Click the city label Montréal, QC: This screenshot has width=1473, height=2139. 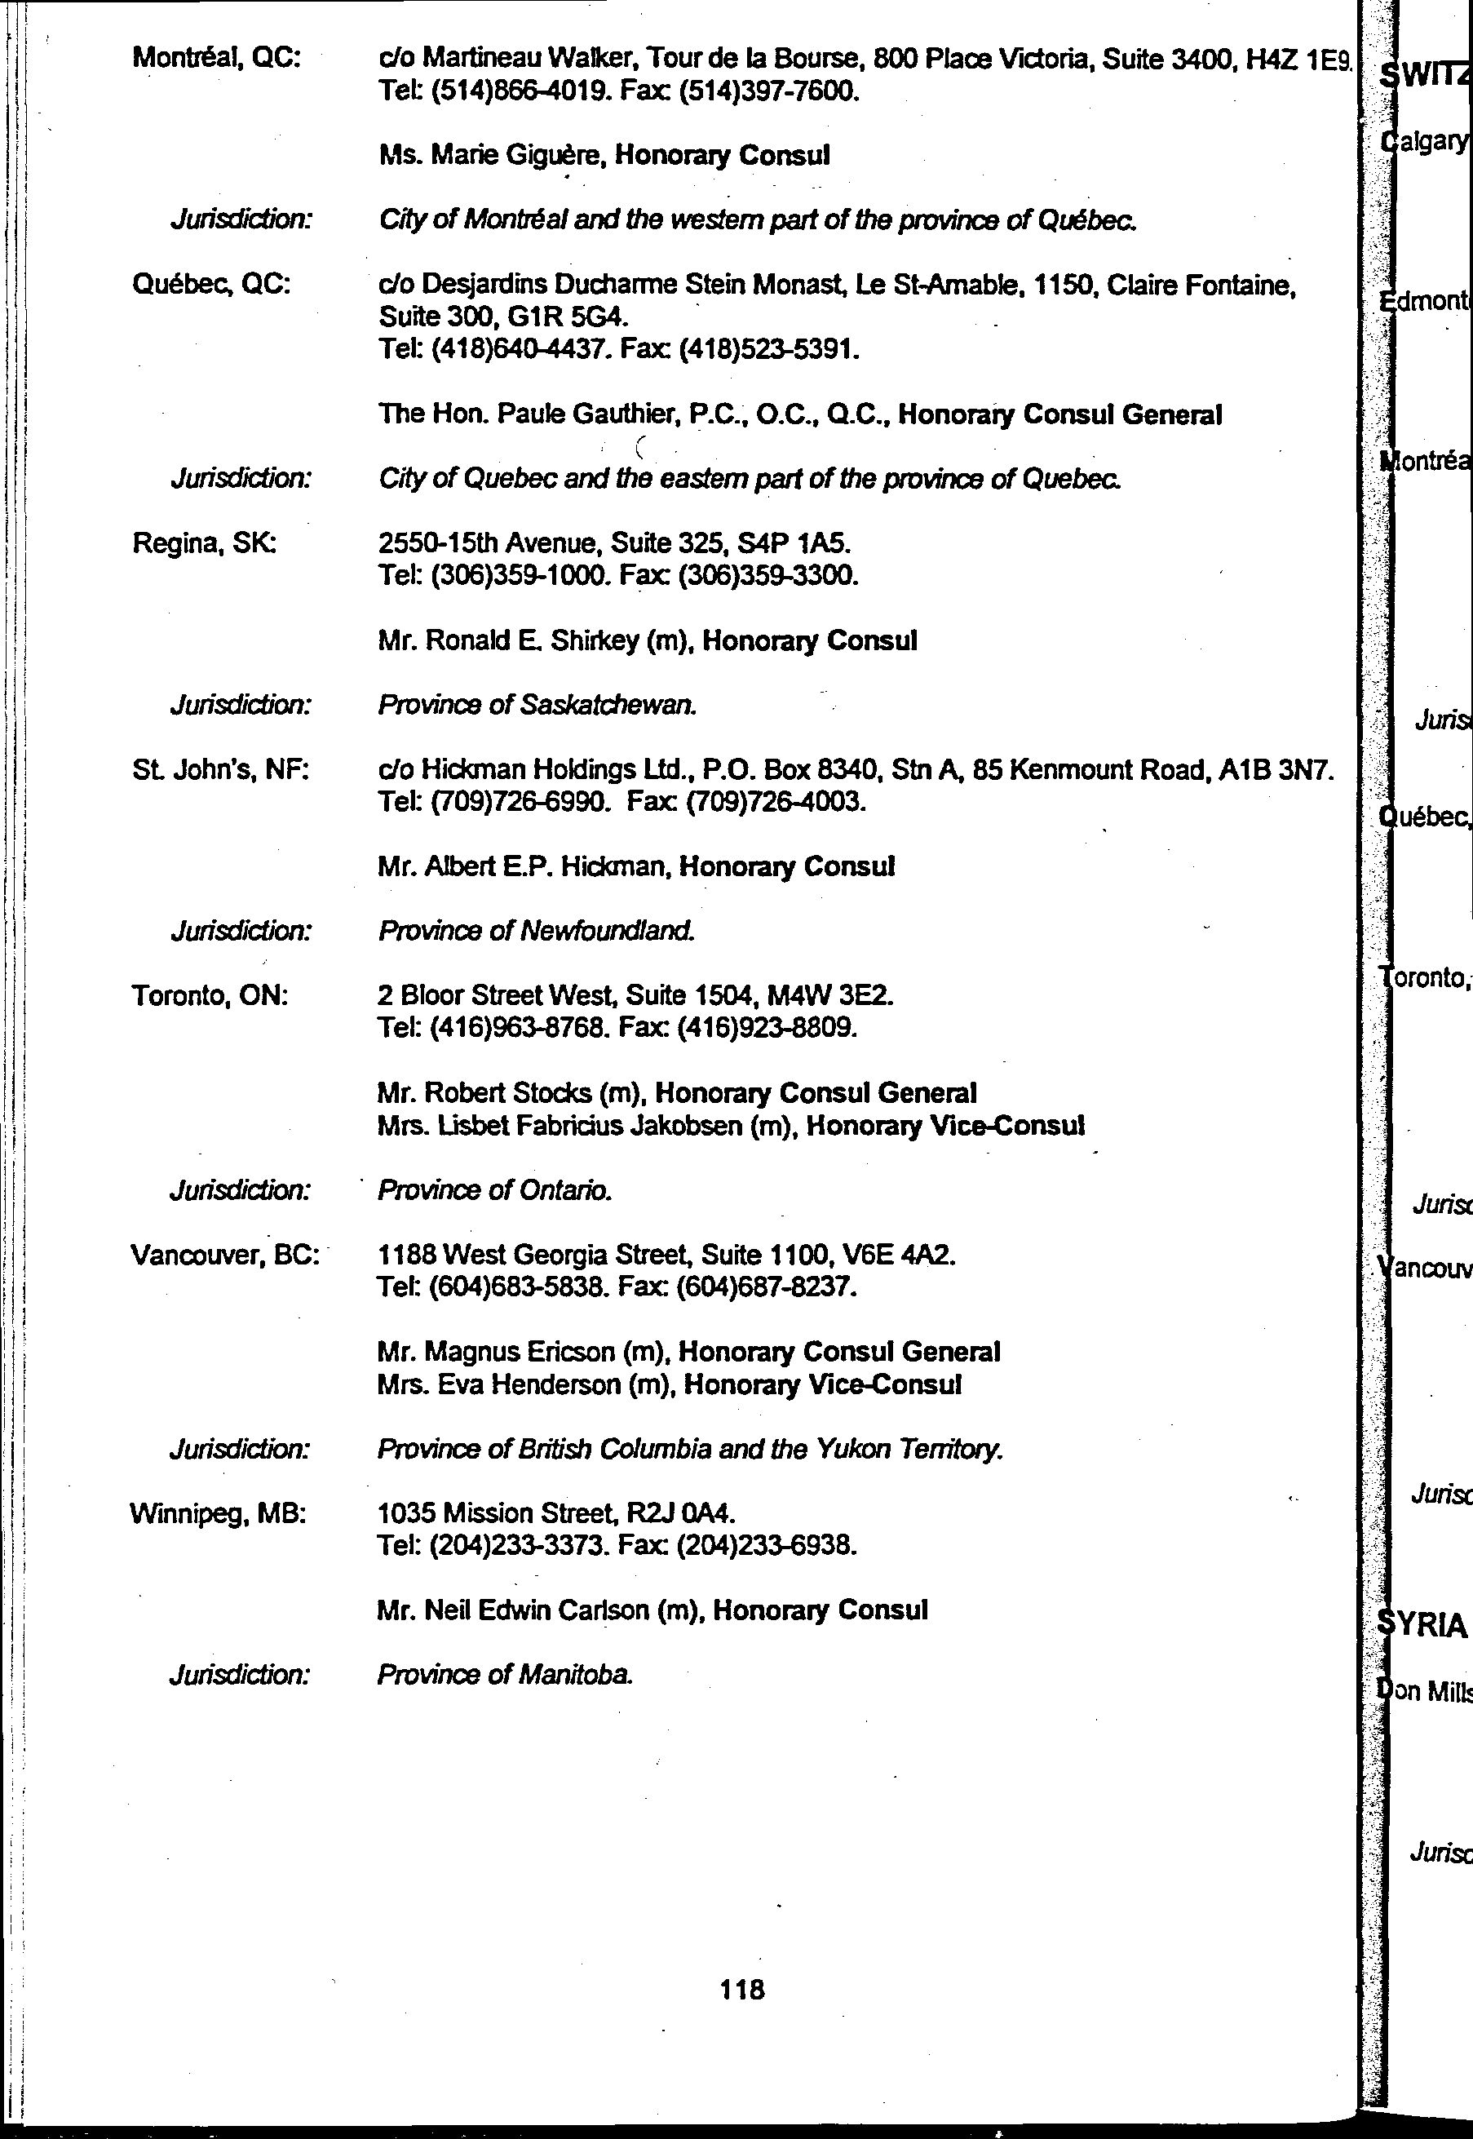tap(216, 58)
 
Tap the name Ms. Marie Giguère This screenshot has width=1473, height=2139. tap(492, 155)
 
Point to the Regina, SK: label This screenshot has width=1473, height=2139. tap(205, 544)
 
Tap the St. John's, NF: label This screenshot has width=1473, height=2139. tap(219, 770)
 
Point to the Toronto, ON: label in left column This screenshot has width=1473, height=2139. tap(210, 996)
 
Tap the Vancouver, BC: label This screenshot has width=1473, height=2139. tap(224, 1255)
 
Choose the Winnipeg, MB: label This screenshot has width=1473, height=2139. tap(218, 1514)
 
